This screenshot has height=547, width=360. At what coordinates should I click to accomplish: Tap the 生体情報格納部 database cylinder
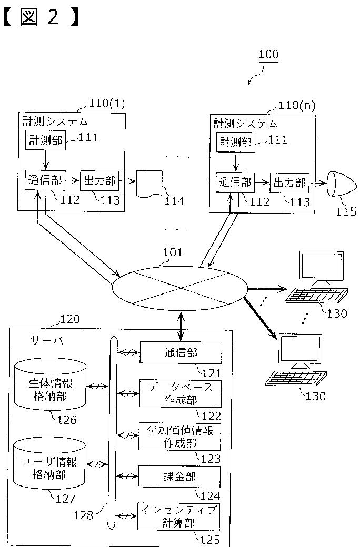51,384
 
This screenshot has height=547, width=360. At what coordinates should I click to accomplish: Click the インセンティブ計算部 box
179,516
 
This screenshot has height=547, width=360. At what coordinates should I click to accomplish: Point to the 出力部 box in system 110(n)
289,183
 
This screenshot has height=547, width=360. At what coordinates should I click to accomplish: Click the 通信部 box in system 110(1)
44,181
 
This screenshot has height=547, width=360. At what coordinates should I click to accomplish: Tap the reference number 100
269,54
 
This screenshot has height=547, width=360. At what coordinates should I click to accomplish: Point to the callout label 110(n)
297,105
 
